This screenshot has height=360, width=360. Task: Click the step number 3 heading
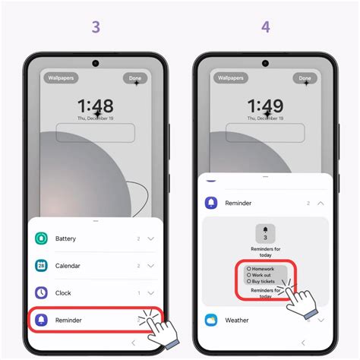coord(95,27)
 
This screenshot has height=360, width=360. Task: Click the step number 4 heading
coord(264,27)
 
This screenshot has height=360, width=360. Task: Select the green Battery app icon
coord(42,238)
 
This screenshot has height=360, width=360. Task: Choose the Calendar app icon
coord(42,266)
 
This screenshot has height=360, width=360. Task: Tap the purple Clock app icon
coord(42,292)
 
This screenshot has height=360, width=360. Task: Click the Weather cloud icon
coord(211,320)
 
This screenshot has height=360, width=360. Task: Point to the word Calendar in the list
coord(68,266)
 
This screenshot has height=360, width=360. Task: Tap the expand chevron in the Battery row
coord(151,238)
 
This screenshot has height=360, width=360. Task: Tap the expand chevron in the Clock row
coord(151,292)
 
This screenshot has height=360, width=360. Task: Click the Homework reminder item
coord(262,268)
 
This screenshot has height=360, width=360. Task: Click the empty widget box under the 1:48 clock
coord(95,133)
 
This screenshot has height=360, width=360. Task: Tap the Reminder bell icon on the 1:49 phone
coord(211,203)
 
